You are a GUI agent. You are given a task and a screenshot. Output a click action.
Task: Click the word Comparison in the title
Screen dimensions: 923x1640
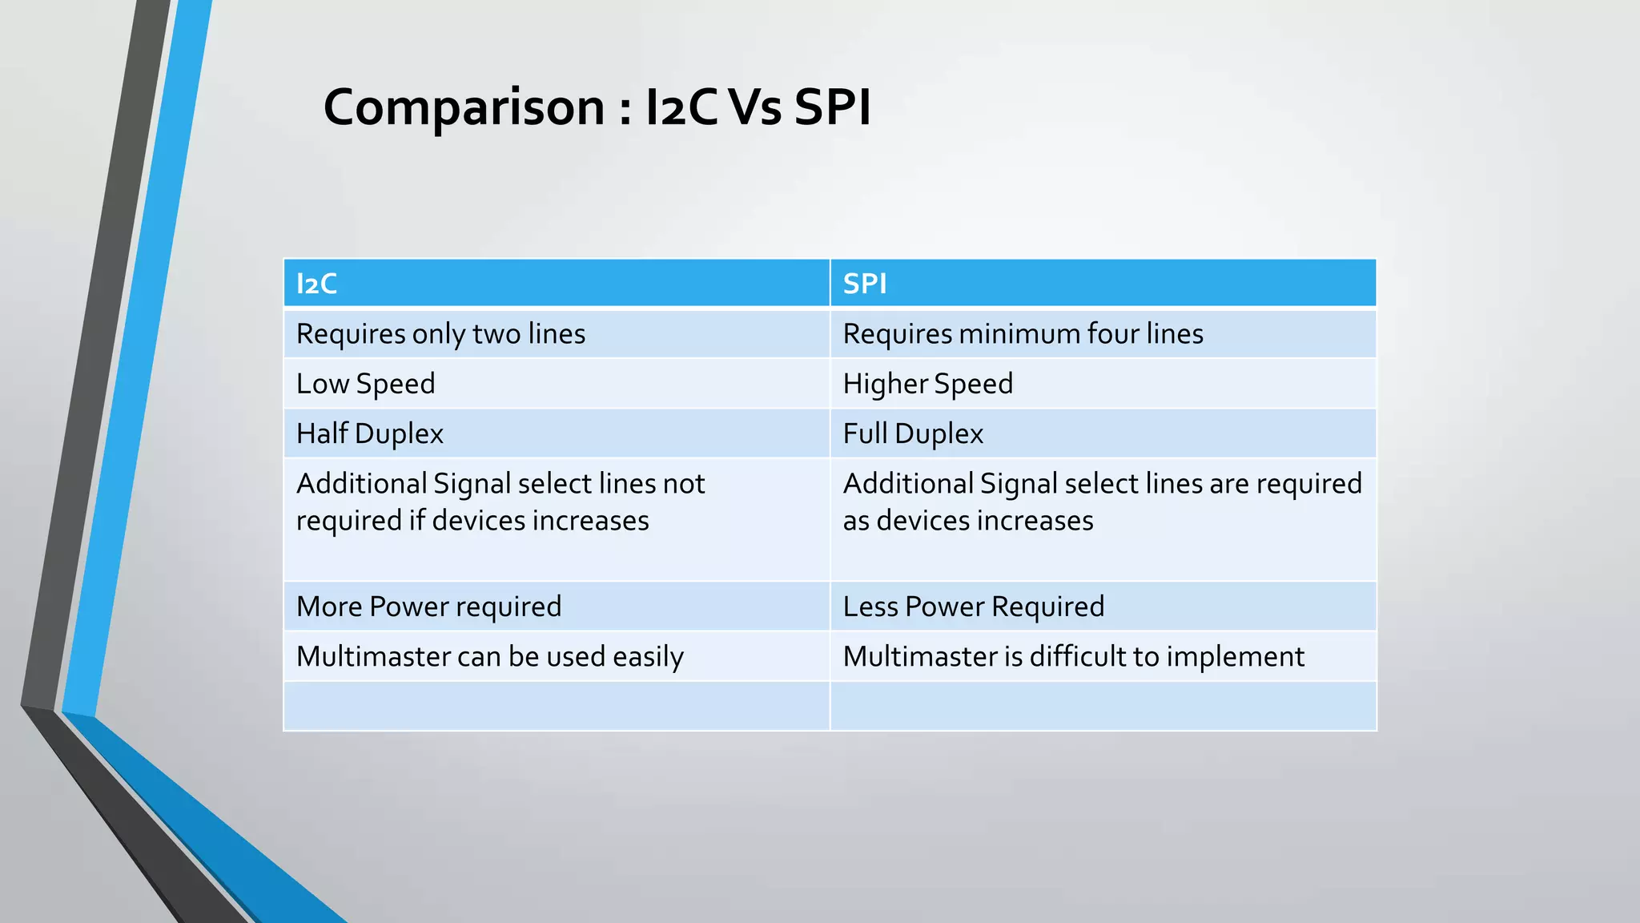click(464, 107)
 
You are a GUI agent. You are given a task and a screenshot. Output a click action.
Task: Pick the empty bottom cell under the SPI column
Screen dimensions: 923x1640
click(1103, 706)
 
